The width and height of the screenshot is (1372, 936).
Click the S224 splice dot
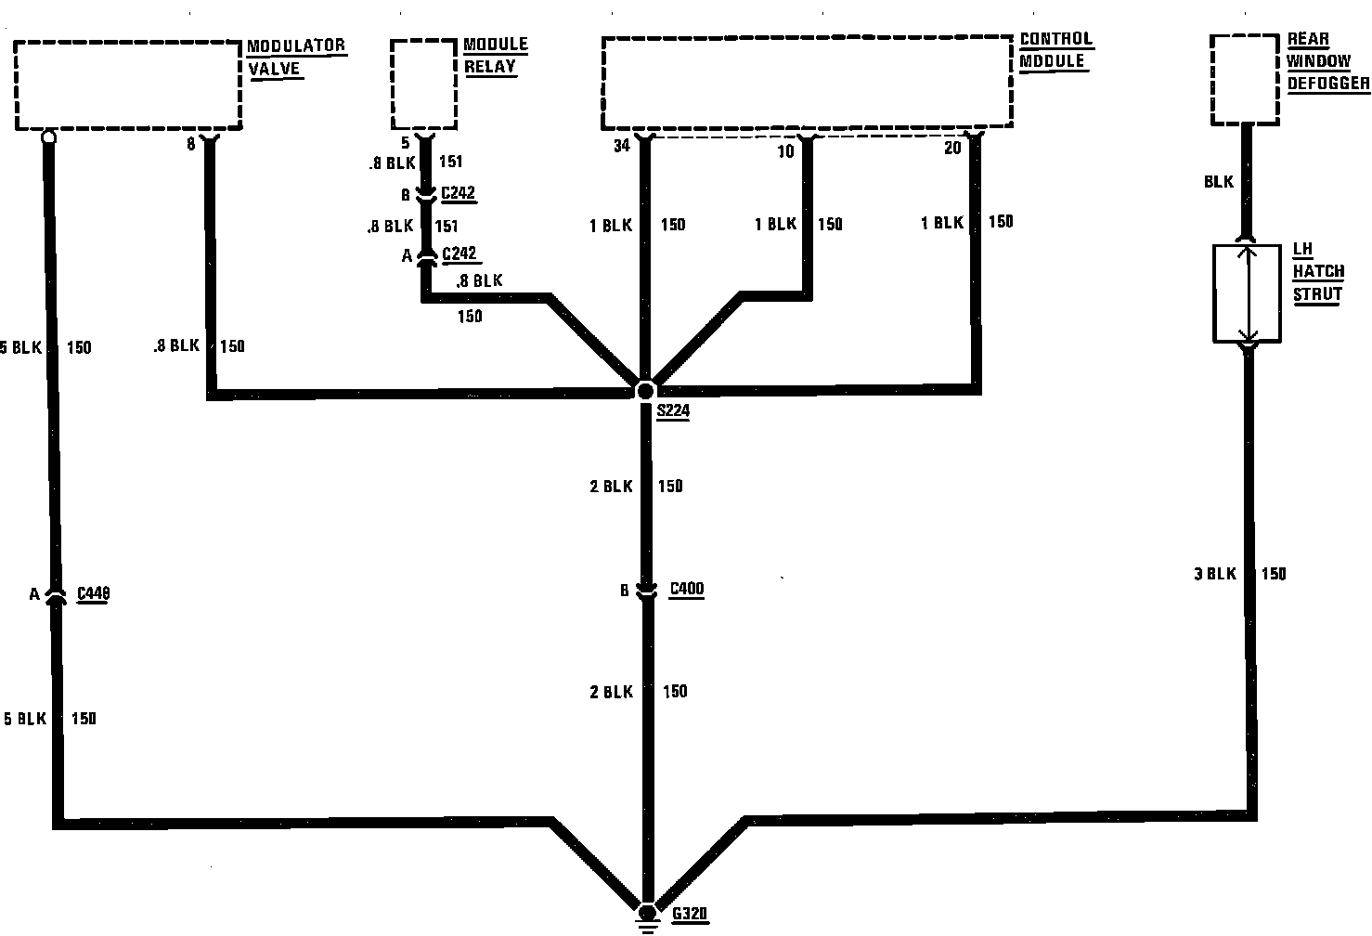[645, 391]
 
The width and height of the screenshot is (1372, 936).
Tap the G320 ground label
[690, 914]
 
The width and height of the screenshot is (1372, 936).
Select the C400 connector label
[686, 589]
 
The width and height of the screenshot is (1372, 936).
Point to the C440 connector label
[93, 594]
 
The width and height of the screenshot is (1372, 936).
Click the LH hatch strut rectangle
[1248, 292]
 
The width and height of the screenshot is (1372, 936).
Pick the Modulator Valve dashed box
[128, 84]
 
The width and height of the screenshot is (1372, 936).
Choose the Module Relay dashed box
[424, 84]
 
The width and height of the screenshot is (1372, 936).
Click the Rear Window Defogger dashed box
[1246, 80]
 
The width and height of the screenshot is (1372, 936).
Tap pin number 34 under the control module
[621, 147]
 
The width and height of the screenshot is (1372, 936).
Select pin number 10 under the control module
[785, 151]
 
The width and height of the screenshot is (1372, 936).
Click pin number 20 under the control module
[951, 148]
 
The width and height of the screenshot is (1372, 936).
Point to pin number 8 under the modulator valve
[190, 144]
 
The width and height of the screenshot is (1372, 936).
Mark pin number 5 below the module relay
[405, 144]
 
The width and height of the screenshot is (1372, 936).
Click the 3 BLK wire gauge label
[1214, 574]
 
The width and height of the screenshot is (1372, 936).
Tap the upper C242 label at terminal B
[459, 194]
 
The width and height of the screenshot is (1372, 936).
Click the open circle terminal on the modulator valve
[48, 136]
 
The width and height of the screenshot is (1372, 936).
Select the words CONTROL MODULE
[1055, 50]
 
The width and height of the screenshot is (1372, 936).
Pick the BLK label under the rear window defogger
[1218, 182]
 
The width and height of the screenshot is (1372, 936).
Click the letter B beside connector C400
[625, 591]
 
